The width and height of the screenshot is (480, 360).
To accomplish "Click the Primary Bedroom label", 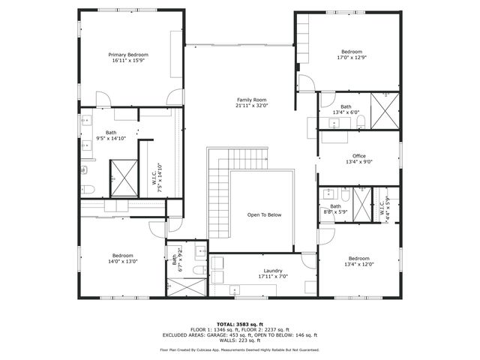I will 127,55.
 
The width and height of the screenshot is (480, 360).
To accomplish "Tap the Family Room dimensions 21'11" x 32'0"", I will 252,106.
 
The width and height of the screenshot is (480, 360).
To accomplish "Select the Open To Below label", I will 264,215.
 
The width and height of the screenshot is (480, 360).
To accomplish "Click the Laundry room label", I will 262,271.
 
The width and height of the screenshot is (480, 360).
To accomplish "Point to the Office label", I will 359,156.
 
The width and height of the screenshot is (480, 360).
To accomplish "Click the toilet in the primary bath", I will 87,189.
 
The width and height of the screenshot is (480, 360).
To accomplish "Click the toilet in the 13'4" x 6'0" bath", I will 361,120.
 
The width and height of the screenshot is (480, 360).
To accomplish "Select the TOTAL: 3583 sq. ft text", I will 239,322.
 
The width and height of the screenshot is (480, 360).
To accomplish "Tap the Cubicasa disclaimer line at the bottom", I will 239,349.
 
